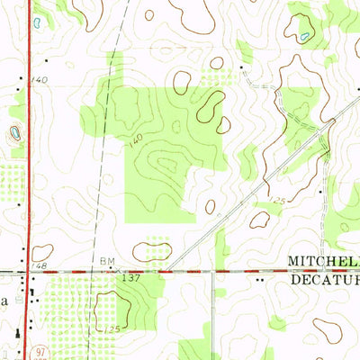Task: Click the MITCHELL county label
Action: (x=323, y=261)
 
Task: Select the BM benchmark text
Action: (x=106, y=261)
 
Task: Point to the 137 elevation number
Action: (x=130, y=278)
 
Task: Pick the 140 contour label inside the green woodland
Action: (x=135, y=139)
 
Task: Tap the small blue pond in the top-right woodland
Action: (x=305, y=36)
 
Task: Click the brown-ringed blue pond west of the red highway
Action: (x=15, y=135)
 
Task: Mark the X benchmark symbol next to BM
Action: (x=119, y=268)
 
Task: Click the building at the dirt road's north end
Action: (x=241, y=67)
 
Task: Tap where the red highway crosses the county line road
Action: (x=31, y=270)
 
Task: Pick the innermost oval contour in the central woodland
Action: (x=166, y=164)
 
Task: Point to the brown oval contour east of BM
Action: (x=152, y=252)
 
